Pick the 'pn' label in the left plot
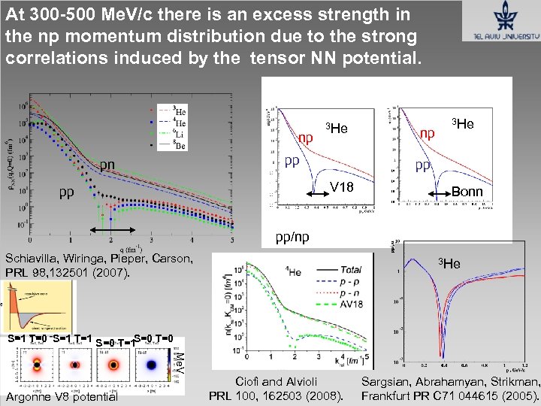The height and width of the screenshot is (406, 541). click(x=109, y=165)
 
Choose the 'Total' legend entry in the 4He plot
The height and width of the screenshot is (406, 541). click(x=350, y=269)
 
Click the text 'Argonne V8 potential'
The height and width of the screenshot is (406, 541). click(x=60, y=396)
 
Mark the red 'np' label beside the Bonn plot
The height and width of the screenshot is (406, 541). click(x=428, y=133)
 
